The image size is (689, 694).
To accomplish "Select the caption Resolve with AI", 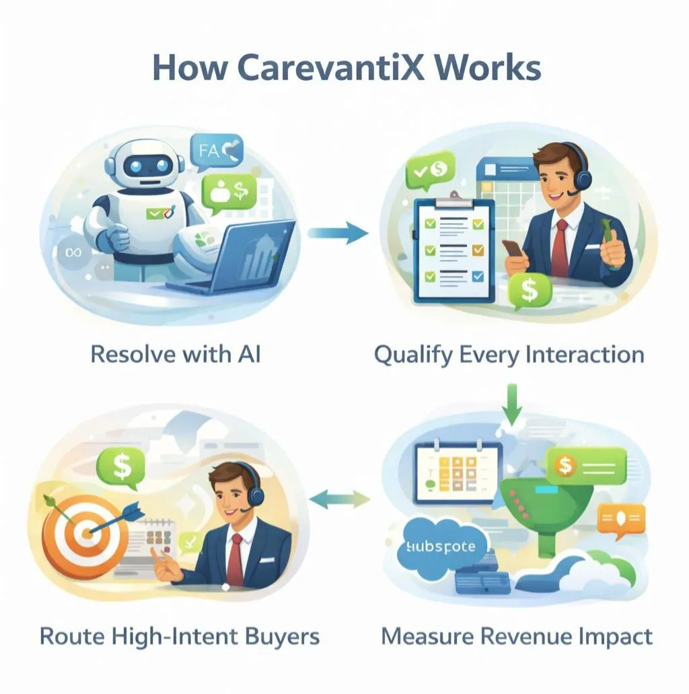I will point(175,355).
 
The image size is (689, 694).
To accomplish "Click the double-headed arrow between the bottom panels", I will point(339,499).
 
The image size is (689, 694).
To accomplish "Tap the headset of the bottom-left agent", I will point(258,495).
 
